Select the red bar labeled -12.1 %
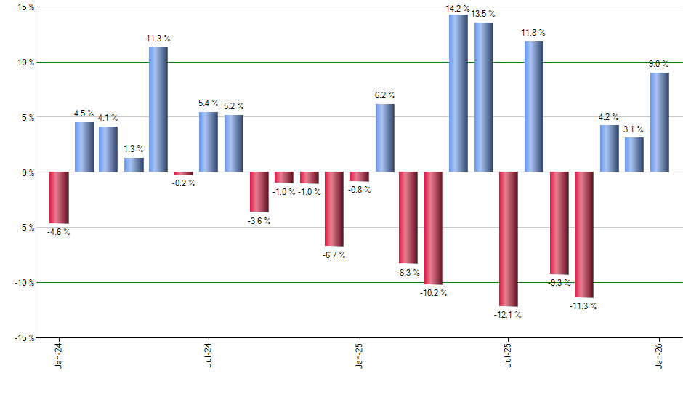[x=509, y=239]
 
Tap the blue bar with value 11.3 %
[x=158, y=109]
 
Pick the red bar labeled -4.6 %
[x=59, y=198]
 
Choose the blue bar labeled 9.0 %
[x=659, y=122]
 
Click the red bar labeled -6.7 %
[x=334, y=209]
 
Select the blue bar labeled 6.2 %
[x=385, y=138]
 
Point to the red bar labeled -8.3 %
[x=408, y=217]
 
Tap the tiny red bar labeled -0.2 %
[x=183, y=173]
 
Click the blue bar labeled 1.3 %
[x=134, y=165]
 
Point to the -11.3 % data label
[x=583, y=306]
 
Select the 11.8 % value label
[x=533, y=33]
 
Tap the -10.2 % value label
[x=434, y=293]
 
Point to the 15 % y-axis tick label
[x=25, y=7]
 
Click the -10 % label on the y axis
[x=24, y=283]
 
